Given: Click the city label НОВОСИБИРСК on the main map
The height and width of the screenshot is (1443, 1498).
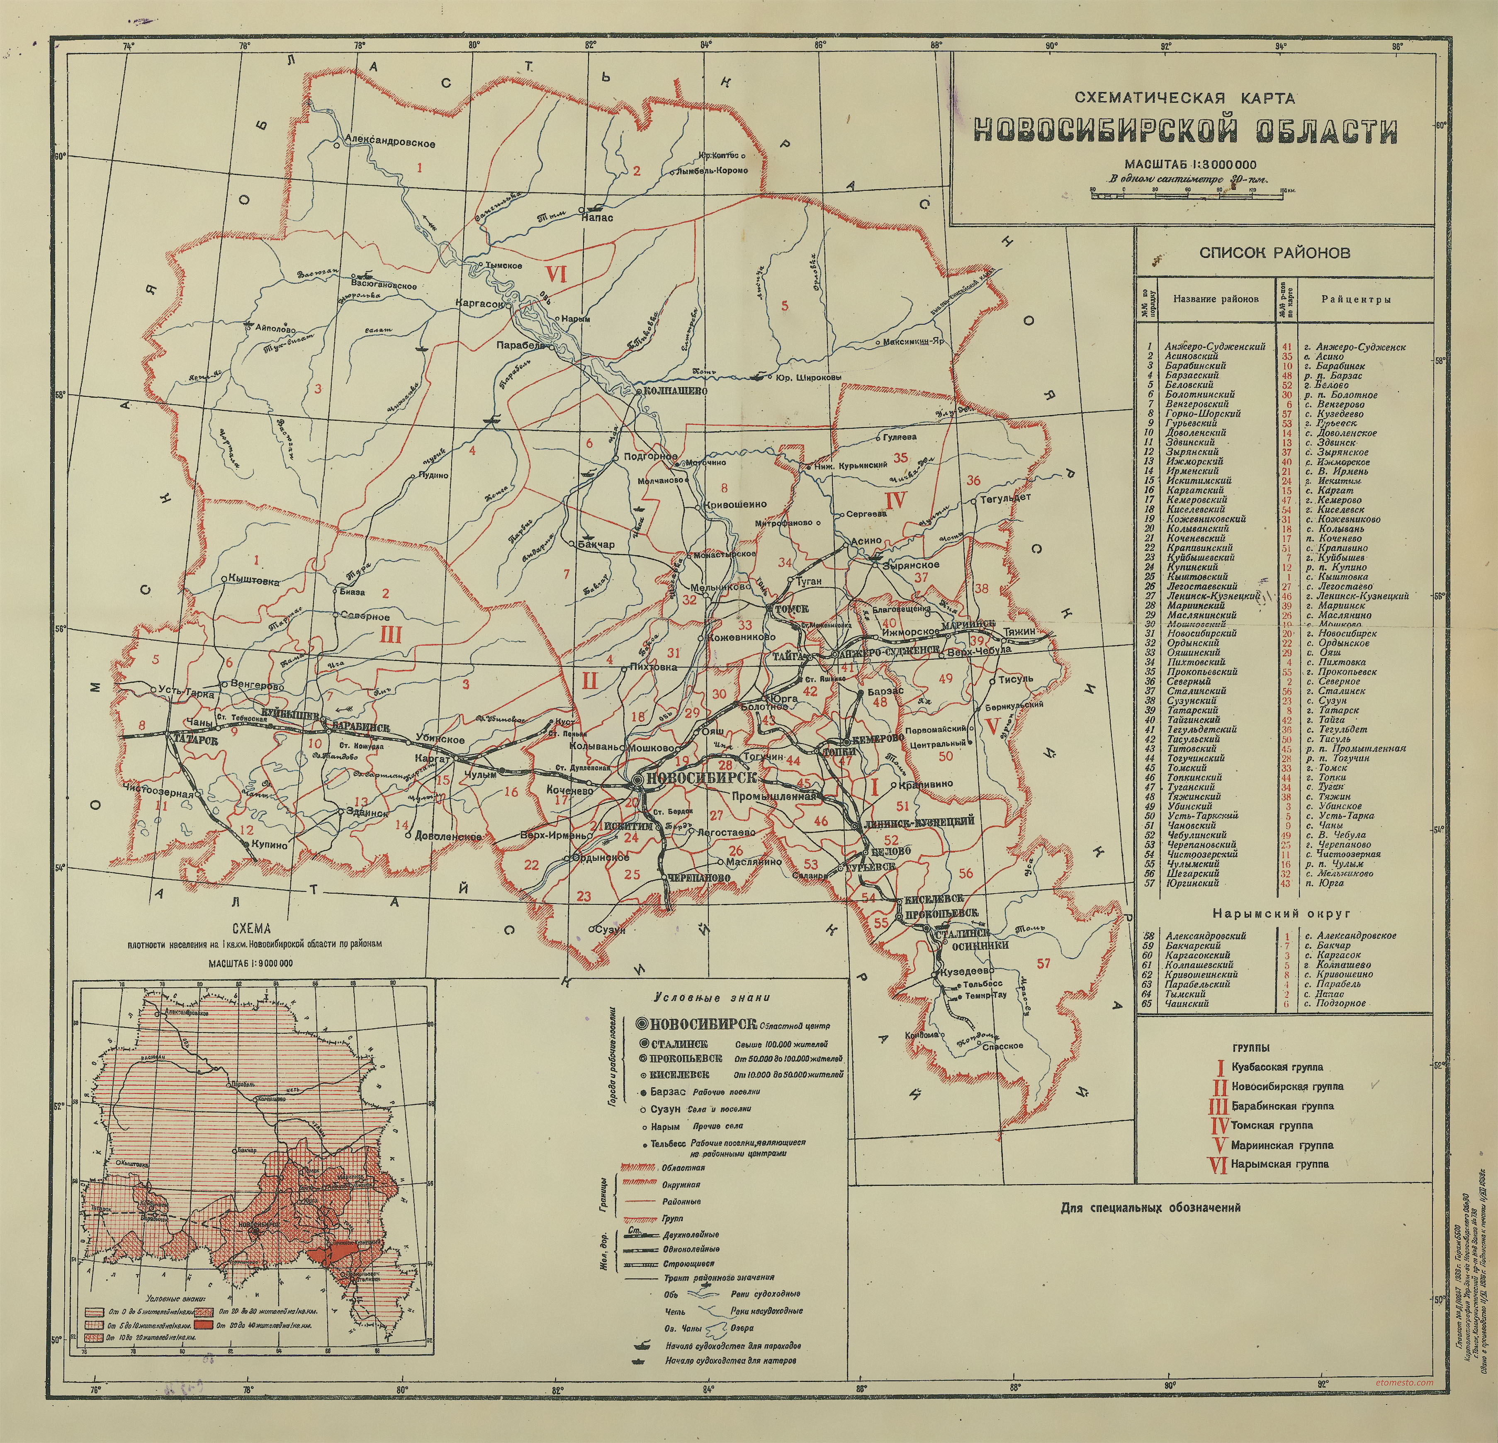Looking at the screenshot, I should tap(701, 778).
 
